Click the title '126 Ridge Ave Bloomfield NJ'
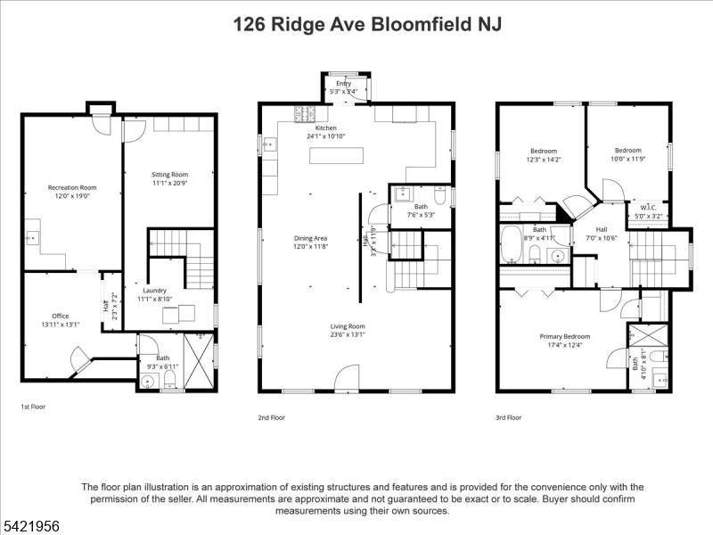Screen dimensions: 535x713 366,24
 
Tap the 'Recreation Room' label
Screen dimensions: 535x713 72,187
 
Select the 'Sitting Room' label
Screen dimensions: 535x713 169,174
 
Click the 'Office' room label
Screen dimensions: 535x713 60,316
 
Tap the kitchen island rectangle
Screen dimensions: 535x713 338,156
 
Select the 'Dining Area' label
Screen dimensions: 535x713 311,238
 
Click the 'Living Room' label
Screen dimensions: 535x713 312,326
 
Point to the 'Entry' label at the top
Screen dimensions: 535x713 344,83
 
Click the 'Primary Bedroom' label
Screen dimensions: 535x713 565,336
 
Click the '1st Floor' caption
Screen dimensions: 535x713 34,407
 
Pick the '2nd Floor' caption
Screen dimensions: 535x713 271,416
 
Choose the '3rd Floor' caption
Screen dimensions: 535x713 509,416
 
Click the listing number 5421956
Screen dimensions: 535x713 30,527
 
